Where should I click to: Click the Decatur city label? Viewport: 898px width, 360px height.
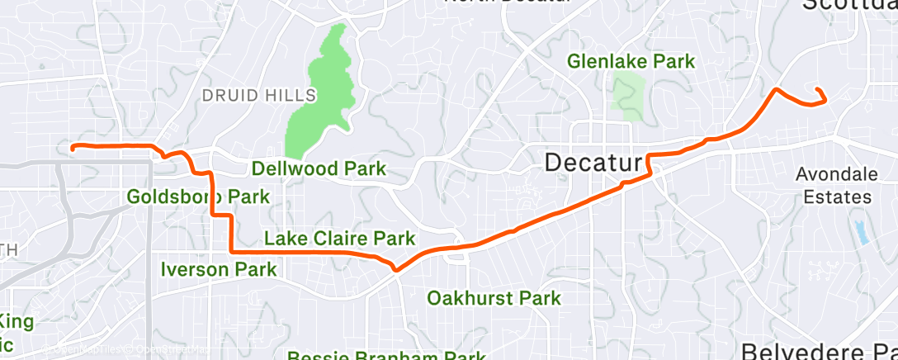593,163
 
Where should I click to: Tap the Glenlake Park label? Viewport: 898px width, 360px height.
631,61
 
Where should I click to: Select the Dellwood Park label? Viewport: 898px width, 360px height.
319,169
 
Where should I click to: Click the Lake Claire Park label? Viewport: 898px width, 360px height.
338,239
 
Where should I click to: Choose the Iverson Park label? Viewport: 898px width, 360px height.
218,269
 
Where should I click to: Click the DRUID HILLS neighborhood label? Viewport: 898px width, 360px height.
259,96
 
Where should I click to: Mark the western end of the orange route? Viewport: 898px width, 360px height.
73,148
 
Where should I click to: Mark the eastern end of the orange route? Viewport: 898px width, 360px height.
817,89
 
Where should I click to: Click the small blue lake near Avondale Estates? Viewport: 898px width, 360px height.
863,232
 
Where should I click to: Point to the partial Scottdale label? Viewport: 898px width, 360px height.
849,5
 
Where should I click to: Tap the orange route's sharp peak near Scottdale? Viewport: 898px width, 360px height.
775,88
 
